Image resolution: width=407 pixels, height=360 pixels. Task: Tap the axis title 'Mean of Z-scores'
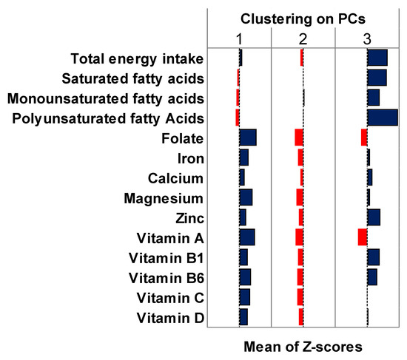303,345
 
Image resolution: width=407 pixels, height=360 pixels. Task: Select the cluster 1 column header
239,37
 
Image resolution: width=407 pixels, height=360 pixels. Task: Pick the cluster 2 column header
303,37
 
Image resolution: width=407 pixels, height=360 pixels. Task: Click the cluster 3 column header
368,37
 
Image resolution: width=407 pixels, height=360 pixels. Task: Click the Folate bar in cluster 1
248,137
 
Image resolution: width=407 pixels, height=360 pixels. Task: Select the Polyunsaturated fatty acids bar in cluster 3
383,118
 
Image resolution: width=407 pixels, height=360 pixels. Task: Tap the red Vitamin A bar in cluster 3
363,237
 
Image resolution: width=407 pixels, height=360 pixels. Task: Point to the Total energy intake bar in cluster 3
377,58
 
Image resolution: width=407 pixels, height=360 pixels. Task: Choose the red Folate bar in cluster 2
299,137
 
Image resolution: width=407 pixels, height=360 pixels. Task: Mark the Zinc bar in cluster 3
374,217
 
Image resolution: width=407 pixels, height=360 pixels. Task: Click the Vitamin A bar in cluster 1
247,237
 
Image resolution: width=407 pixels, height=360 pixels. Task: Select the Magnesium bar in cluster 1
246,197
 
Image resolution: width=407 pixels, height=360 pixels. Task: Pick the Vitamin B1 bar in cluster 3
374,257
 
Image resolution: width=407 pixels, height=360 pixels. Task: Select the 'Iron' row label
191,158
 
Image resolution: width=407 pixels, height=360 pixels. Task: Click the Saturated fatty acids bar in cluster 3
377,78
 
